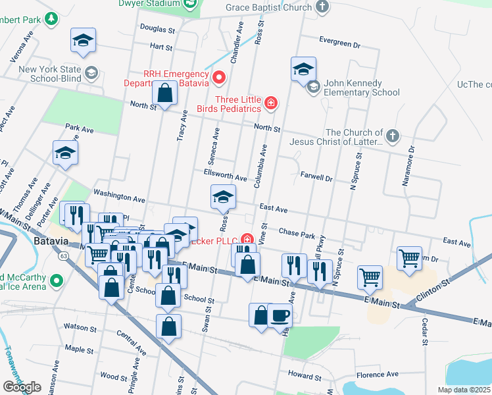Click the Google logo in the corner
click(22, 387)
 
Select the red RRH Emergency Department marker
click(219, 78)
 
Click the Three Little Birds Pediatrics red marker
click(270, 102)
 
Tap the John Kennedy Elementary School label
click(362, 88)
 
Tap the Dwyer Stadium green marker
click(189, 4)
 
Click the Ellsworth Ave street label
click(225, 178)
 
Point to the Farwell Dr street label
click(316, 177)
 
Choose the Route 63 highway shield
click(62, 255)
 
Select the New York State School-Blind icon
click(91, 73)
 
